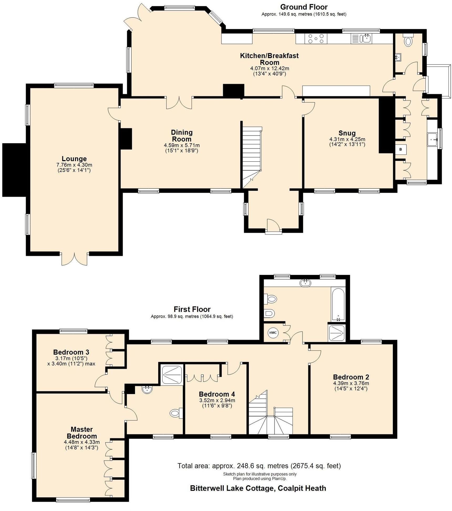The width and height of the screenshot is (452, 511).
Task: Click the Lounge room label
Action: [x=74, y=159]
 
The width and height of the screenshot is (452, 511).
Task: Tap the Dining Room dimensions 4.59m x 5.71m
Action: [x=182, y=145]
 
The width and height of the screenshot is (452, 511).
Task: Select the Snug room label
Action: [x=347, y=133]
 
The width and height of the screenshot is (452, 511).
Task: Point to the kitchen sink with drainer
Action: [x=361, y=39]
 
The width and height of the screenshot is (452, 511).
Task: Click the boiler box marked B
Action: [x=401, y=149]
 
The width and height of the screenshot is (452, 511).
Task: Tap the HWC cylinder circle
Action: [x=273, y=333]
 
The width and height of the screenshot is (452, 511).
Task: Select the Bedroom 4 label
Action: [x=217, y=394]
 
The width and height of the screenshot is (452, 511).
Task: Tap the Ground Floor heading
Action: [x=304, y=7]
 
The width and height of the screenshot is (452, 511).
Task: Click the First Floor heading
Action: [x=192, y=309]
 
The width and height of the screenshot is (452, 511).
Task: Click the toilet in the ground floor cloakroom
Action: [x=408, y=41]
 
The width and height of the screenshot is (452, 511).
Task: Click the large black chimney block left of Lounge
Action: [x=14, y=170]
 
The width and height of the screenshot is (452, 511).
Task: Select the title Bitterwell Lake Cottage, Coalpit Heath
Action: [x=258, y=488]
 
